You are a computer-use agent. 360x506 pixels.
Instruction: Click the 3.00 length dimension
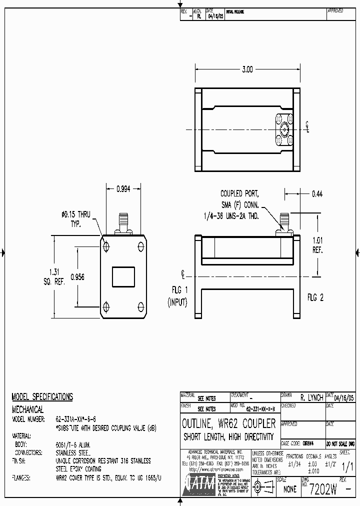point(247,69)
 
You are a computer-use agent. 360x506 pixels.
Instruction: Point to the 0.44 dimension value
point(317,193)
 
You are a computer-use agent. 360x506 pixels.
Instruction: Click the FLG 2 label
point(315,297)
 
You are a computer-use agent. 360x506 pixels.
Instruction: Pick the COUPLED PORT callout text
point(239,193)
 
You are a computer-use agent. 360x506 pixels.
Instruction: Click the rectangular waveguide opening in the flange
point(123,277)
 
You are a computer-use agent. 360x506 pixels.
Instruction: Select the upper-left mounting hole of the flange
point(106,246)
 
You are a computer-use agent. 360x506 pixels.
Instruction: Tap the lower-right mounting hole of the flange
point(140,305)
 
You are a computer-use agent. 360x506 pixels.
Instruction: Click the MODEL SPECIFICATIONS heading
point(42,397)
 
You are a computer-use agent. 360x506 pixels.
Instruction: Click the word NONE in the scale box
point(290,490)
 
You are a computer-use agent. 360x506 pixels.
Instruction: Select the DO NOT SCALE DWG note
point(340,443)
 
